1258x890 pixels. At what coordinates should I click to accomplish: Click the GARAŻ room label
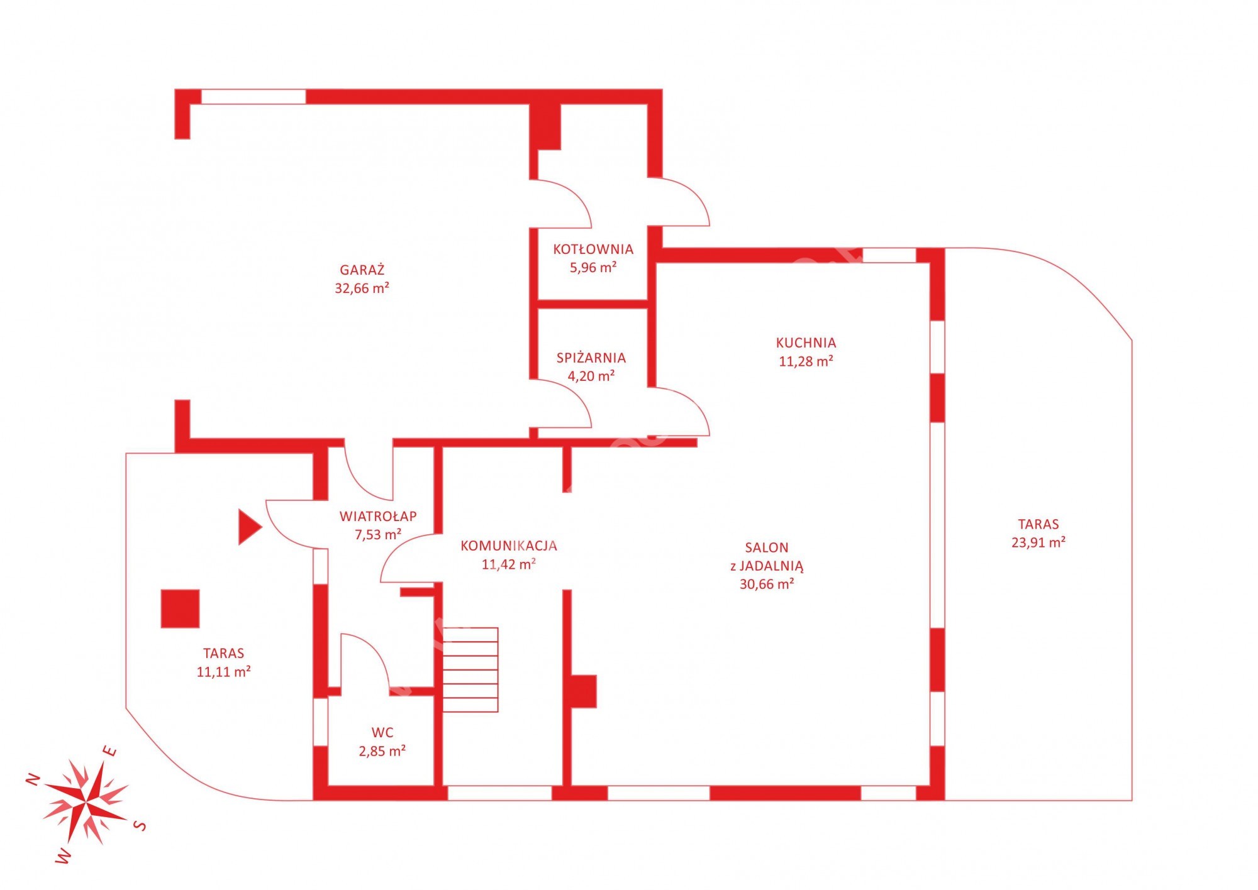point(362,270)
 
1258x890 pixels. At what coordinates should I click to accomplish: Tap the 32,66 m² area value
point(362,288)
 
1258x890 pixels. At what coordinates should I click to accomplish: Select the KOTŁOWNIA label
point(593,249)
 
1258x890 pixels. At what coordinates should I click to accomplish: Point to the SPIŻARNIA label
point(591,358)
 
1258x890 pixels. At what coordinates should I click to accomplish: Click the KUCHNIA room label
point(806,343)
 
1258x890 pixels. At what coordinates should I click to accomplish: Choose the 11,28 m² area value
point(806,361)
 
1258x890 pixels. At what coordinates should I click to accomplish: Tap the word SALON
point(766,547)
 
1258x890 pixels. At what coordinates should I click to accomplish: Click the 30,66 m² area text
point(767,584)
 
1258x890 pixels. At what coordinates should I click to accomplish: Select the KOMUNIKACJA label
point(509,546)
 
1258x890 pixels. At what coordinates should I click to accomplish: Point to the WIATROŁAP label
point(378,516)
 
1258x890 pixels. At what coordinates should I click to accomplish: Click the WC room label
point(382,732)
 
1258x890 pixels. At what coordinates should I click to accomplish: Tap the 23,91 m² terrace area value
point(1038,542)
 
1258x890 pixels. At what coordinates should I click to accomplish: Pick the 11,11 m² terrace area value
point(224,672)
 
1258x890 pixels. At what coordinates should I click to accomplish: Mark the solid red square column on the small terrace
point(181,608)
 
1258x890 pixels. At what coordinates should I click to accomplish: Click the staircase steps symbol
point(470,669)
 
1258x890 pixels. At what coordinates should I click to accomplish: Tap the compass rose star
point(86,802)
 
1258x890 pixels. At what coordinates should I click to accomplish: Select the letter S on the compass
point(142,825)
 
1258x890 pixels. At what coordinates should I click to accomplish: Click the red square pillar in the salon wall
point(583,691)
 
